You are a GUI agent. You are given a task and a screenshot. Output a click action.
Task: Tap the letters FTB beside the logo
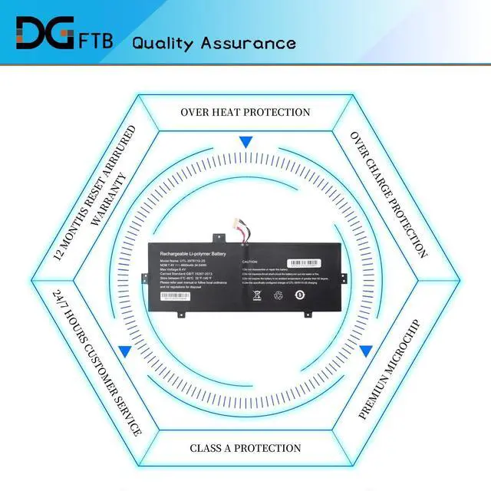pos(96,40)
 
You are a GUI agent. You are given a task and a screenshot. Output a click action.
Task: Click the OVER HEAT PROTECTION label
pos(245,112)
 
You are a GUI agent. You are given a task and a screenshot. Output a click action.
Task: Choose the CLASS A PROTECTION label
pos(245,448)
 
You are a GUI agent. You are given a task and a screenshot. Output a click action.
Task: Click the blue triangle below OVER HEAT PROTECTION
pos(245,143)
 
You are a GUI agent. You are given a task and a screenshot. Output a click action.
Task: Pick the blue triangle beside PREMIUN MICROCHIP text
pos(366,351)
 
